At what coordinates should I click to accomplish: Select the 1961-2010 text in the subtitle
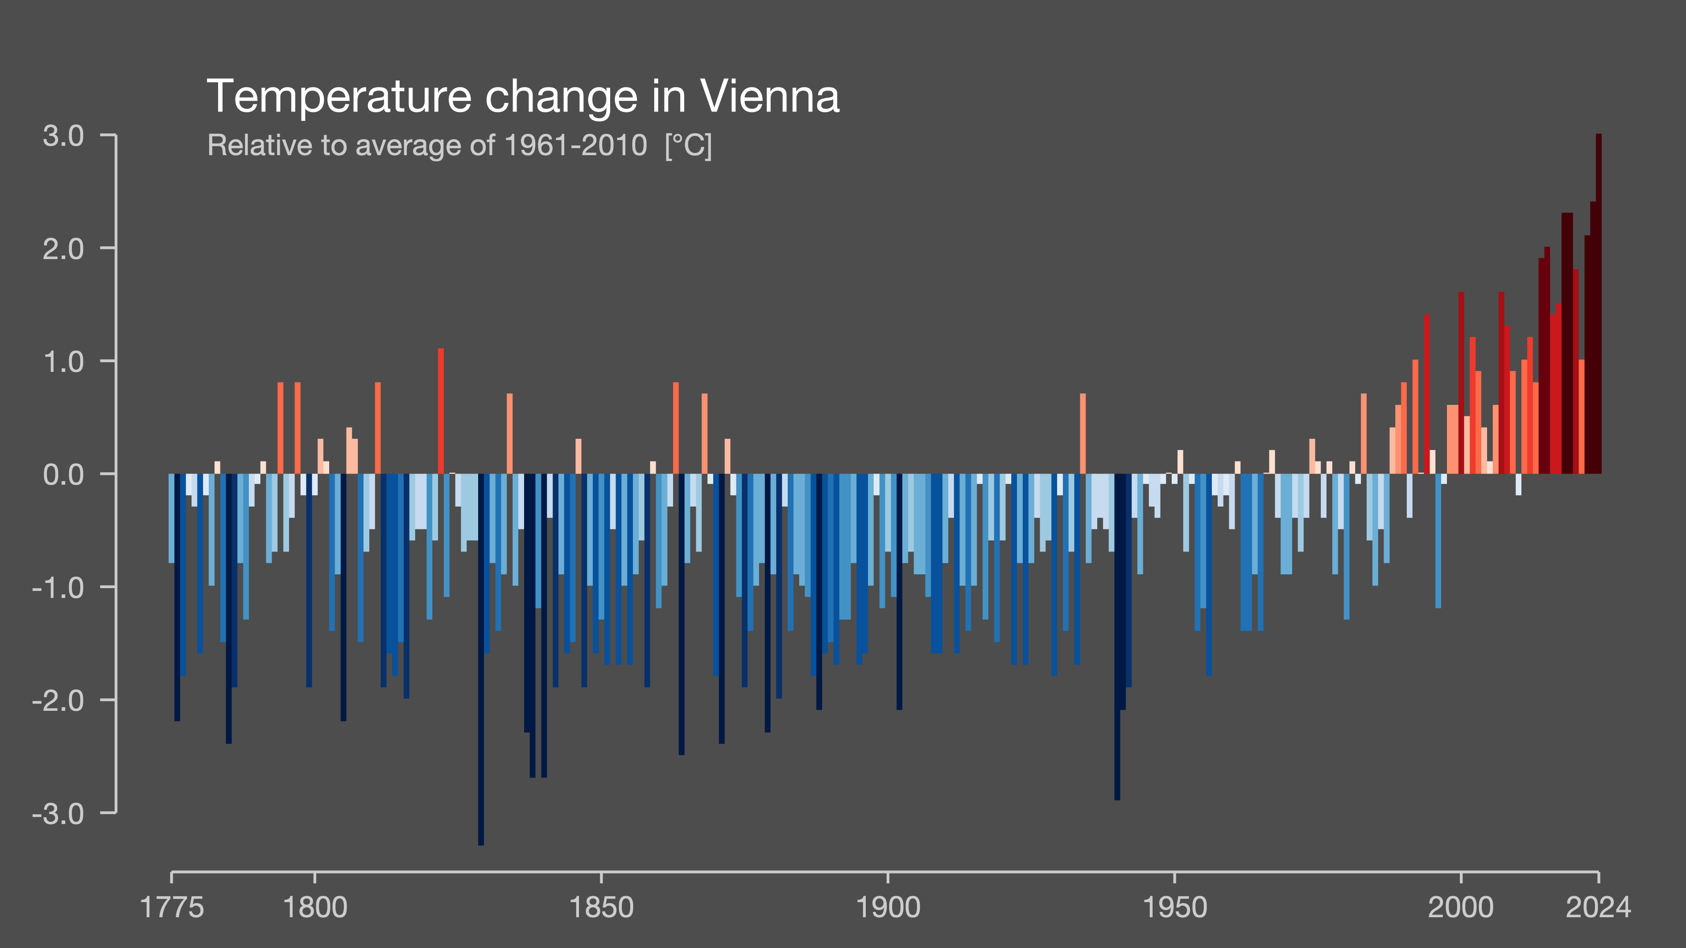point(576,145)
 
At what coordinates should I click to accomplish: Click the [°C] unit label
point(688,145)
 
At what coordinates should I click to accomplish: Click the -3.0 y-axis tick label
point(58,814)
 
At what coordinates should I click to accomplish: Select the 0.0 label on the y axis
point(63,475)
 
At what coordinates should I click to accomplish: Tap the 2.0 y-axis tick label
point(63,249)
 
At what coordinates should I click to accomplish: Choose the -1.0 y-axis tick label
point(58,588)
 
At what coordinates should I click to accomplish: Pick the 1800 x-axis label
point(315,907)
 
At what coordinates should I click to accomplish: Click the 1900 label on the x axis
point(888,907)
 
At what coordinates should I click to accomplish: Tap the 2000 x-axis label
point(1461,907)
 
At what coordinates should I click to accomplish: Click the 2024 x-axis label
point(1598,907)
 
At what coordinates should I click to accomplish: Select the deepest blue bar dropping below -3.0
point(481,661)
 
